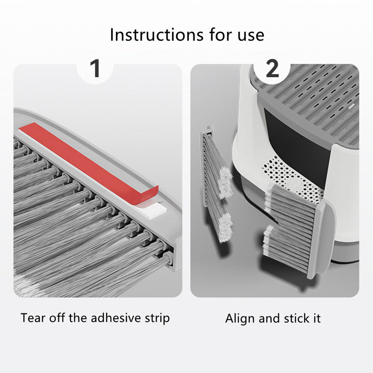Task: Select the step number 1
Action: point(95,69)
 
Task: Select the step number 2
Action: point(272,69)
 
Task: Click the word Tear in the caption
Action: point(33,318)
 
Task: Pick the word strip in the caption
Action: point(157,319)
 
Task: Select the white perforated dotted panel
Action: point(292,181)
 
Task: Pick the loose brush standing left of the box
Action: point(216,183)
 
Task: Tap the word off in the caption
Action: point(57,318)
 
